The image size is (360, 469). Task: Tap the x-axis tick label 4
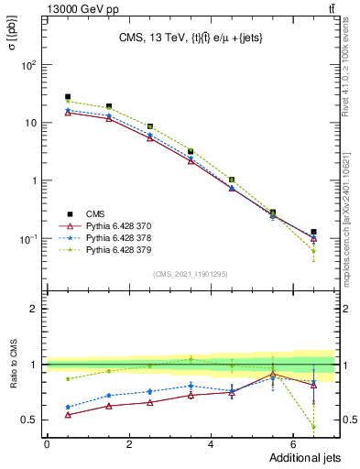(211, 443)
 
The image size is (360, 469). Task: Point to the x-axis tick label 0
(47, 443)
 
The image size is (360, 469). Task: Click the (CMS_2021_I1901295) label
(190, 274)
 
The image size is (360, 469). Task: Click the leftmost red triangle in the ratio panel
(68, 415)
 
